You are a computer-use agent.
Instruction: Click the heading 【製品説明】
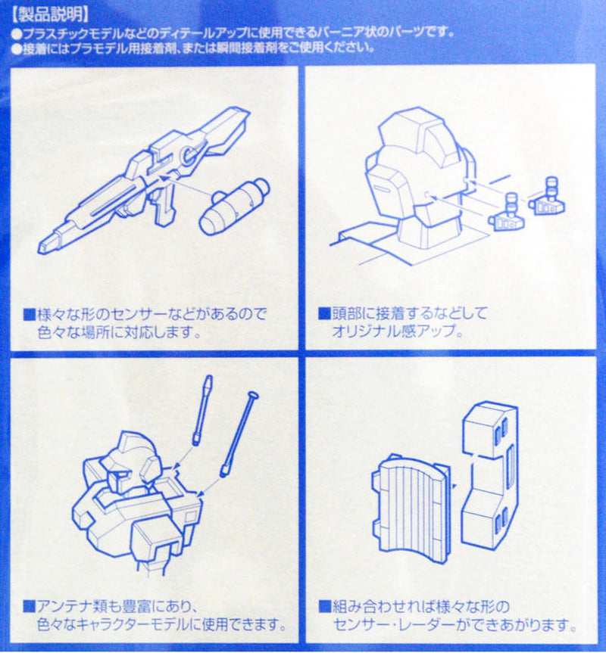[x=50, y=15]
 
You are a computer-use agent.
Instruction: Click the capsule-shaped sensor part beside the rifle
[x=234, y=206]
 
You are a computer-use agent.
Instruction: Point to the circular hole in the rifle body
[x=186, y=155]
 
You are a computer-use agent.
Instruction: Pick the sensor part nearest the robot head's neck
[x=507, y=212]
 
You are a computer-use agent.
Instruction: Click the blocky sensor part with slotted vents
[x=490, y=474]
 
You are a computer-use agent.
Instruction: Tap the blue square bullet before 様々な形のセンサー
[x=30, y=314]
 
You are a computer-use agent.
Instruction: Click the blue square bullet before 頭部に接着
[x=324, y=313]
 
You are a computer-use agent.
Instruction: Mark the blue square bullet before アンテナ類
[x=30, y=606]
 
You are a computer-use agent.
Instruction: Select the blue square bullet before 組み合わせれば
[x=325, y=607]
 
